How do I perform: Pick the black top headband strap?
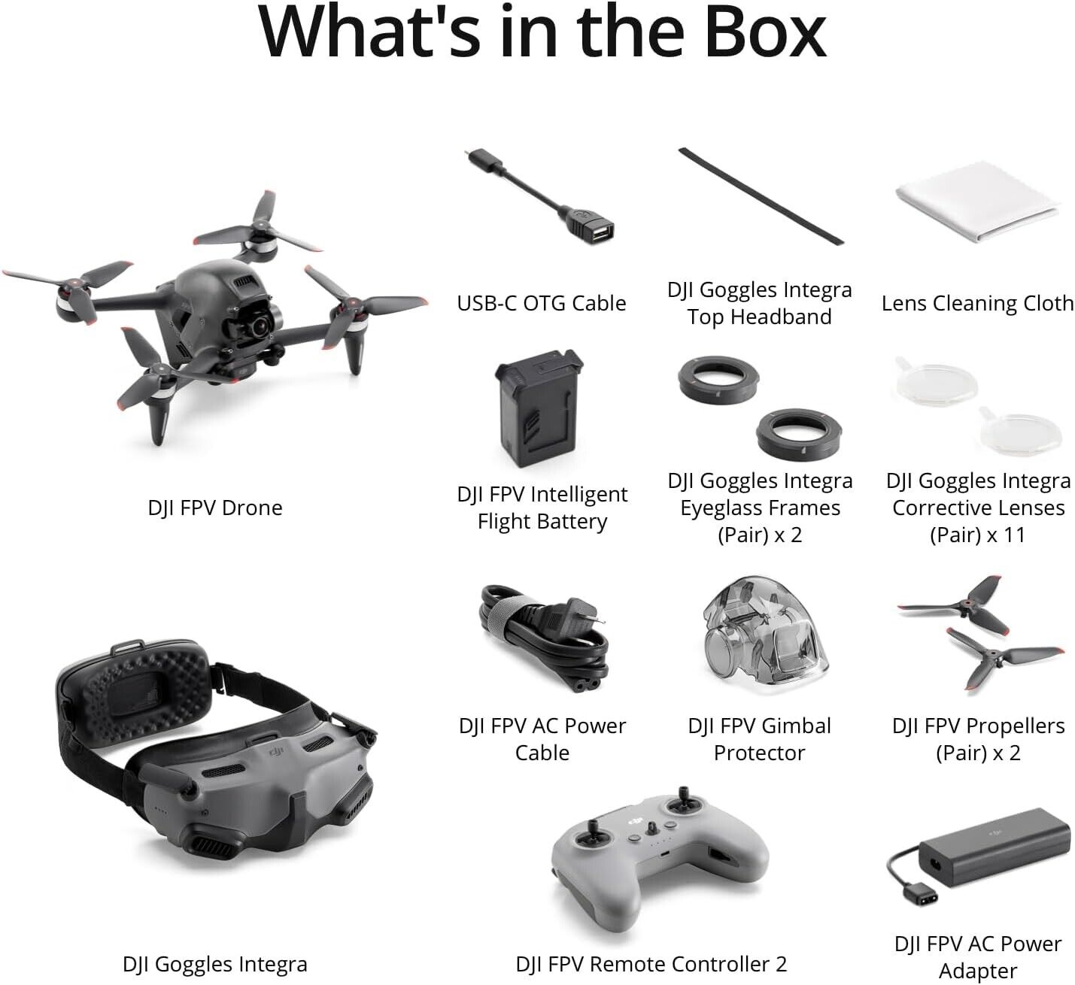(761, 195)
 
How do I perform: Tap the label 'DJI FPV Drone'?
(215, 508)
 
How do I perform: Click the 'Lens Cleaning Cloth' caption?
(977, 303)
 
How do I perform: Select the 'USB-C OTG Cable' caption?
(542, 303)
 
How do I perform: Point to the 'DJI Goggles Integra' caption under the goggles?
(215, 964)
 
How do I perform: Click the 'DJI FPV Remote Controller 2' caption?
(651, 964)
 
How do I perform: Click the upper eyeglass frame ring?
(712, 378)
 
